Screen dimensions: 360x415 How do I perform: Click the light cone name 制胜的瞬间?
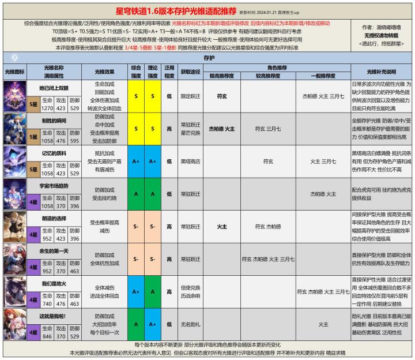point(54,121)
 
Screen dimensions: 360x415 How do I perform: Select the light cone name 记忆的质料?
point(54,153)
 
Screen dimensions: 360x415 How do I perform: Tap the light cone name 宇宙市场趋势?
point(54,186)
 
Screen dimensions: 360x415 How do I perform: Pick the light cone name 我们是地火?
point(54,284)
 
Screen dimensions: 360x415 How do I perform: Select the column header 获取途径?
point(191,72)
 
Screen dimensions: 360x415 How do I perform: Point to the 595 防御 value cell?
point(74,140)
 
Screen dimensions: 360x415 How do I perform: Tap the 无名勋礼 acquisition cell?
point(191,325)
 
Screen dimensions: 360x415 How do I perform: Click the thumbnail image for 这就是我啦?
point(15,325)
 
